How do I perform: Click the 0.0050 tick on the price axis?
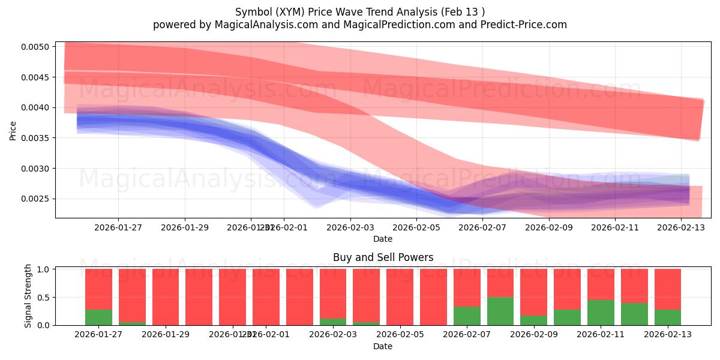[38, 47]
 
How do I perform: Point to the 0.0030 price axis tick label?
[38, 169]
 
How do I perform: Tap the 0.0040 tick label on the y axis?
[38, 107]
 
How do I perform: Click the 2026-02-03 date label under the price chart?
[350, 228]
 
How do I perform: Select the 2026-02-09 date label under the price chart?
[549, 228]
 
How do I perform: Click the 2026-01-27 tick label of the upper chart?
[118, 228]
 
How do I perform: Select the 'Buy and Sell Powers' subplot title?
[383, 257]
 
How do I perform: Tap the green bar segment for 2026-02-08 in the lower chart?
[500, 311]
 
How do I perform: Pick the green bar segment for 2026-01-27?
[98, 317]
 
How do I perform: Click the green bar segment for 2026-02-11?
[601, 313]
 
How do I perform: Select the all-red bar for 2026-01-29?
[166, 297]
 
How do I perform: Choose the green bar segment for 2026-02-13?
[668, 317]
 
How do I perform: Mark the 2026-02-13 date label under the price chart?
[682, 228]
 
